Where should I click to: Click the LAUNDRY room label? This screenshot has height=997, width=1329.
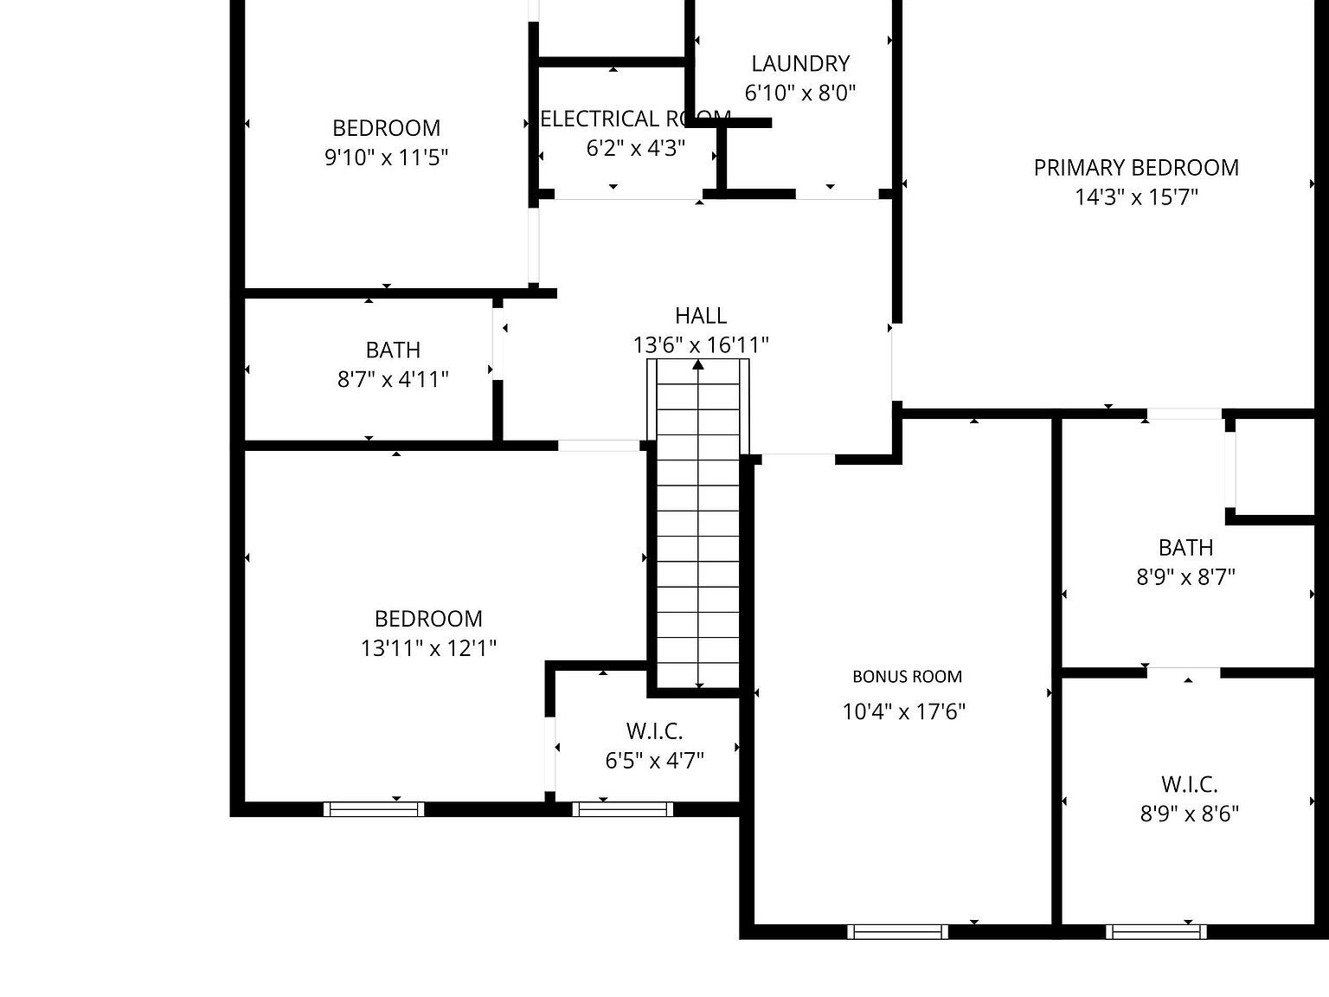point(800,63)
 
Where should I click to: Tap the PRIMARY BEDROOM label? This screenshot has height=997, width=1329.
point(1136,167)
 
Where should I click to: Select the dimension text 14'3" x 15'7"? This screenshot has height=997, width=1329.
point(1136,197)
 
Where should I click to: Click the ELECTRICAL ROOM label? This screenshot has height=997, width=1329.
point(635,119)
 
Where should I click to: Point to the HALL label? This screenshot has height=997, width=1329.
point(701,315)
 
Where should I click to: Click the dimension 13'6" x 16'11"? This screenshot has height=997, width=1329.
point(701,345)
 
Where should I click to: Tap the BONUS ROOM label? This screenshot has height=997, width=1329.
point(907,677)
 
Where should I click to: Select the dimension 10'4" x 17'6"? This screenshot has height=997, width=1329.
point(904,711)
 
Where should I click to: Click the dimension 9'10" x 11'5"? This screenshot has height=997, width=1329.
point(386,158)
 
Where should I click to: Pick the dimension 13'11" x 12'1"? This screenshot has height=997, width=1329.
point(428,648)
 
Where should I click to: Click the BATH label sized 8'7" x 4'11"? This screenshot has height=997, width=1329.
point(393,350)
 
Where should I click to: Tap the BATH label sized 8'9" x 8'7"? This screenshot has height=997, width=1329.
point(1185,547)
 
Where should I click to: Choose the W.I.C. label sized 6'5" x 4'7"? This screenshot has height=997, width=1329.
point(654,731)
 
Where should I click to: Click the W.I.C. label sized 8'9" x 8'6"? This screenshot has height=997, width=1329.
point(1189,784)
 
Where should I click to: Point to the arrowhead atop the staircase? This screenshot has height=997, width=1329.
point(698,364)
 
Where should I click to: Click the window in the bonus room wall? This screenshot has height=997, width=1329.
point(897,931)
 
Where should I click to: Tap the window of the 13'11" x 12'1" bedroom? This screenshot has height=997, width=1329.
point(374,809)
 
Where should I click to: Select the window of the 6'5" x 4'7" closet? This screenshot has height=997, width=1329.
point(622,809)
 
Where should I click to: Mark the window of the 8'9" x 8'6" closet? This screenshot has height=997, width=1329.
point(1156,931)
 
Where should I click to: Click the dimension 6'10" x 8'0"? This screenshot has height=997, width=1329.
point(800,93)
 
